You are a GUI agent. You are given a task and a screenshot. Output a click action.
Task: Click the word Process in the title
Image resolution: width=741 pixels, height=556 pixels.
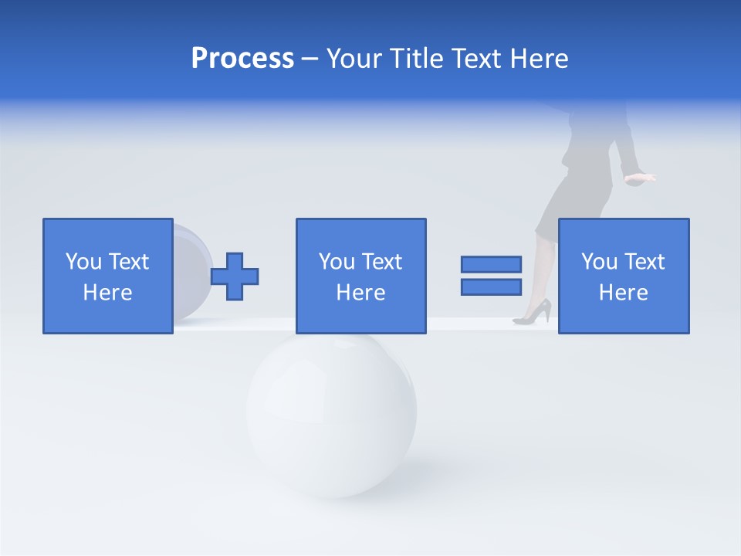pyautogui.click(x=242, y=59)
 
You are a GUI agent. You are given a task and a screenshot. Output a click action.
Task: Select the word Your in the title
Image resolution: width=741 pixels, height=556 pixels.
pyautogui.click(x=356, y=59)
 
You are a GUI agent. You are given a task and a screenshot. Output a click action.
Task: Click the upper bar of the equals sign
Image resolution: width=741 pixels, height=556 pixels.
pyautogui.click(x=491, y=264)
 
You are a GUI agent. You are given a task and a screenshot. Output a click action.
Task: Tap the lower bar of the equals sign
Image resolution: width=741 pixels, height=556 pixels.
pyautogui.click(x=491, y=286)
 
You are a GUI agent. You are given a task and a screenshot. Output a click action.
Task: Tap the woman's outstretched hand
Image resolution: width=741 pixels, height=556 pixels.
pyautogui.click(x=640, y=178)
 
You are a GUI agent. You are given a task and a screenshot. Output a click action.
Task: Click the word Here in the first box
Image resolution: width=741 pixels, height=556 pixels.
pyautogui.click(x=108, y=293)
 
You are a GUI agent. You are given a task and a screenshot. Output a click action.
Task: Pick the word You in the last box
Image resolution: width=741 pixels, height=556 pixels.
pyautogui.click(x=599, y=262)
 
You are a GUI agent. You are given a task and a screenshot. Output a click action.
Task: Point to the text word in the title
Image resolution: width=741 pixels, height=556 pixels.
pyautogui.click(x=471, y=59)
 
